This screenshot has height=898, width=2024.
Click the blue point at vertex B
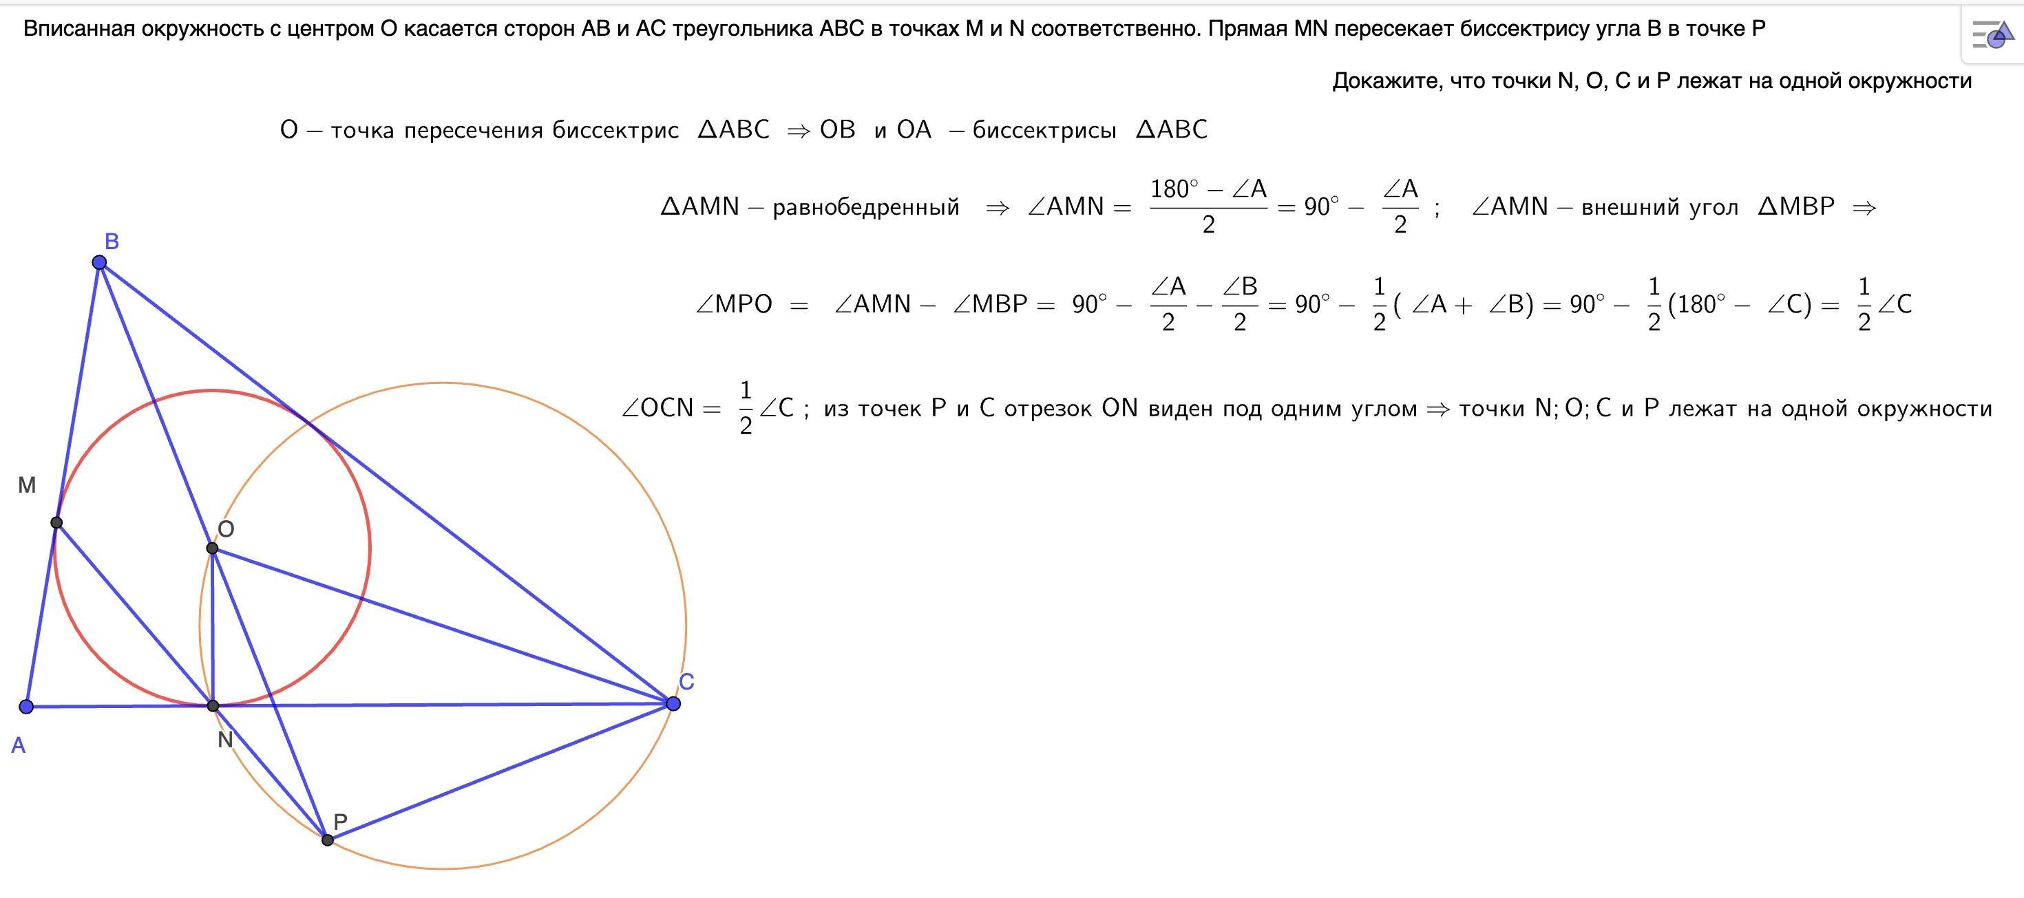point(99,261)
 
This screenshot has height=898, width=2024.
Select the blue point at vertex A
point(26,706)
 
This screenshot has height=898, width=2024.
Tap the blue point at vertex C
point(673,703)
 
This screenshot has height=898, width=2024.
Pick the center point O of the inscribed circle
point(212,548)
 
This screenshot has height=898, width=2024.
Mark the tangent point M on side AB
point(56,522)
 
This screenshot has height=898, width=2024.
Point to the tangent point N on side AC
point(213,705)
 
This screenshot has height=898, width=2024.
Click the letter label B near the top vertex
point(112,242)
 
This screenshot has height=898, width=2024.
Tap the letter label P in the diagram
point(340,822)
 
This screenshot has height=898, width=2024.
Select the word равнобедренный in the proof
point(866,207)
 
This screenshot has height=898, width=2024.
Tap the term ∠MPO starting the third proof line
point(734,304)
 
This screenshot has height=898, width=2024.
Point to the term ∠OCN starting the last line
point(660,409)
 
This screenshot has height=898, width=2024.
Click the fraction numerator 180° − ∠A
point(1208,189)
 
